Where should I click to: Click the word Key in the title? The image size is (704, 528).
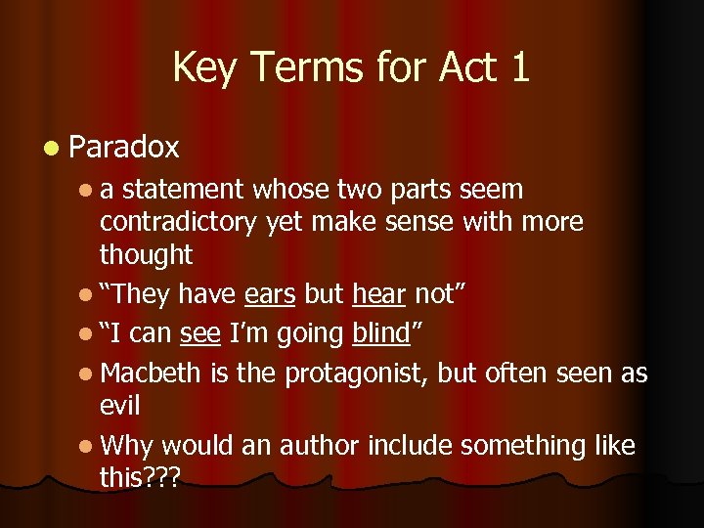pos(203,67)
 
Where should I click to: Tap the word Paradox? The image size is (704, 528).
pos(124,148)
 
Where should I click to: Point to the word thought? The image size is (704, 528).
pos(146,255)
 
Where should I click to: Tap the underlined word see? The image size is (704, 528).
pos(199,333)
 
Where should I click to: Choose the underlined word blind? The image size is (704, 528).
pos(379,333)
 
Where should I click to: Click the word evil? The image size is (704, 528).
pos(119,406)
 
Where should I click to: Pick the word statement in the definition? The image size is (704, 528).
pos(184,189)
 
